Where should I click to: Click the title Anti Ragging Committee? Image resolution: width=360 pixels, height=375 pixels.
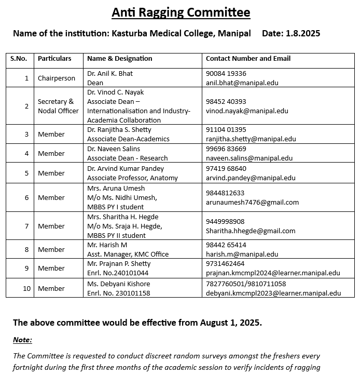coord(181,12)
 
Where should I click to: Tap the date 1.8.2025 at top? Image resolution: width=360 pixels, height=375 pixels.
coord(302,33)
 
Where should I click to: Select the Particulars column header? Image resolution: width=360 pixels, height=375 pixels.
coord(54,59)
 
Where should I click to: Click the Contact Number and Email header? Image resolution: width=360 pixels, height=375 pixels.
coord(248,59)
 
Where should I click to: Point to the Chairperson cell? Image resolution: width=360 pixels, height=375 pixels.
coord(57,78)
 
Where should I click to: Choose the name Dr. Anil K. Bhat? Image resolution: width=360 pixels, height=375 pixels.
coord(110,74)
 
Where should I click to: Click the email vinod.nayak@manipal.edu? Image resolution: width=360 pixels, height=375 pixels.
coord(247,111)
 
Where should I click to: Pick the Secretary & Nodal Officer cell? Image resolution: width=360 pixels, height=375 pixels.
coord(58,106)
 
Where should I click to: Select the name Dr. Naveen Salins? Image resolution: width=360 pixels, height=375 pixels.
coord(113,149)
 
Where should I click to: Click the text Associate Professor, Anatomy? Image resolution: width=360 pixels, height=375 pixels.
coord(132,178)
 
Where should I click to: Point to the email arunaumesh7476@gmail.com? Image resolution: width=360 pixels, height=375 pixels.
coord(252,202)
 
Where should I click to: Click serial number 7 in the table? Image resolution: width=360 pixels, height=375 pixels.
coord(26,226)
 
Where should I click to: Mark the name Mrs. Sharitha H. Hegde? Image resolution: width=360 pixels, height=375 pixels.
coord(123,217)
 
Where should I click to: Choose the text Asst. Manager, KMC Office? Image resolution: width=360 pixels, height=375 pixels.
coord(128,254)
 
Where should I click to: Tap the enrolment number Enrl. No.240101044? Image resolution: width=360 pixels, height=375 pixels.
coord(118,273)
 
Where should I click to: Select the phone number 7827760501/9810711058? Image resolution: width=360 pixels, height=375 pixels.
coord(246,284)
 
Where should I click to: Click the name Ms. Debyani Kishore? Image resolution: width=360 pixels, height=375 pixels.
coord(119,284)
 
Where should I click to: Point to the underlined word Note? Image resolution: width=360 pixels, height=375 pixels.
coord(22,340)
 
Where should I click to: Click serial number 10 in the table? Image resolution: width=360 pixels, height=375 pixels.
coord(26,288)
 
